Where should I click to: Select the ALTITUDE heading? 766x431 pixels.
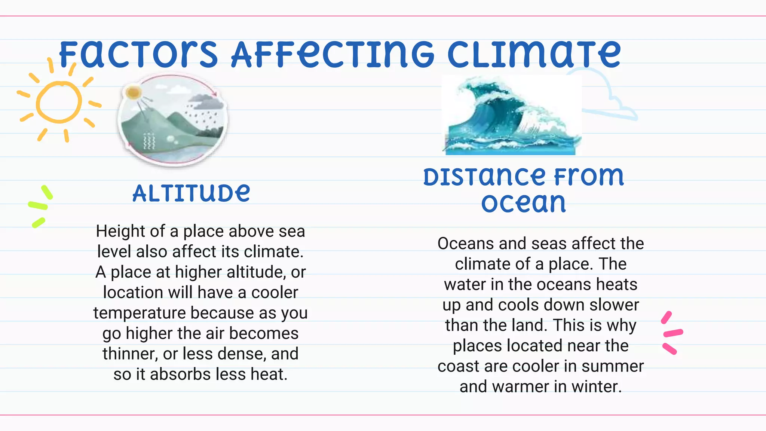[x=191, y=193]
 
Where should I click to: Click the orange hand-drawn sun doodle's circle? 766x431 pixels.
[x=59, y=102]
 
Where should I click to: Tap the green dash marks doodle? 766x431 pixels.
[x=40, y=206]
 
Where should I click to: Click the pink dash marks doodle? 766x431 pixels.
[x=672, y=333]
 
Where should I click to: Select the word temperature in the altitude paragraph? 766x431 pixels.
[x=139, y=313]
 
